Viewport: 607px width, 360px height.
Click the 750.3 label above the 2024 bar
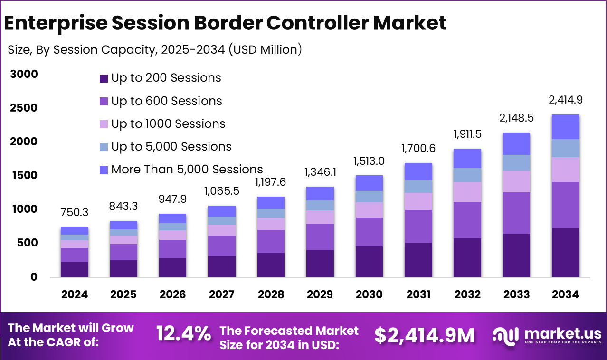(x=75, y=213)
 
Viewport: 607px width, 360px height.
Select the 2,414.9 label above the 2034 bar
(x=565, y=100)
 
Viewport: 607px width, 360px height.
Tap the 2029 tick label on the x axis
(x=320, y=294)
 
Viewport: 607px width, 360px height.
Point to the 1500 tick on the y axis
(x=23, y=175)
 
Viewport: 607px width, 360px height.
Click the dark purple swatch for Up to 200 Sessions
(x=104, y=78)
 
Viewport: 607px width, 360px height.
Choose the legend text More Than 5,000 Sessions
(x=187, y=169)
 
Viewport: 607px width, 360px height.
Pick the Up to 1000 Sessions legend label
(x=168, y=124)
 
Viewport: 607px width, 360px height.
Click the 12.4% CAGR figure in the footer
(x=184, y=334)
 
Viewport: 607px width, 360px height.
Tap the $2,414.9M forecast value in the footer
(x=424, y=335)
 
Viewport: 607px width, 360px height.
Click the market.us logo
(x=546, y=335)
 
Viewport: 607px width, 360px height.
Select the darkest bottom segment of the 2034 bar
(x=565, y=253)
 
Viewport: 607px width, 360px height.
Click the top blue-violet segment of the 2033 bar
(x=516, y=143)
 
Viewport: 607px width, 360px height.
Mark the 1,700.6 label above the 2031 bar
(x=418, y=148)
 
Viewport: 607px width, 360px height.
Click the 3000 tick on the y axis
(x=23, y=74)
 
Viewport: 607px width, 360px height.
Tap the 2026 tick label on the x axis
(x=172, y=294)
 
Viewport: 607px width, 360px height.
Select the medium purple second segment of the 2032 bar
(x=467, y=220)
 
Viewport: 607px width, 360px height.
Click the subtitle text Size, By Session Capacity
(x=80, y=50)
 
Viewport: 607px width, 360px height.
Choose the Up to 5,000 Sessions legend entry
(x=171, y=147)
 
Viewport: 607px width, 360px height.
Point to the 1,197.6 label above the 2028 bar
(x=271, y=182)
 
